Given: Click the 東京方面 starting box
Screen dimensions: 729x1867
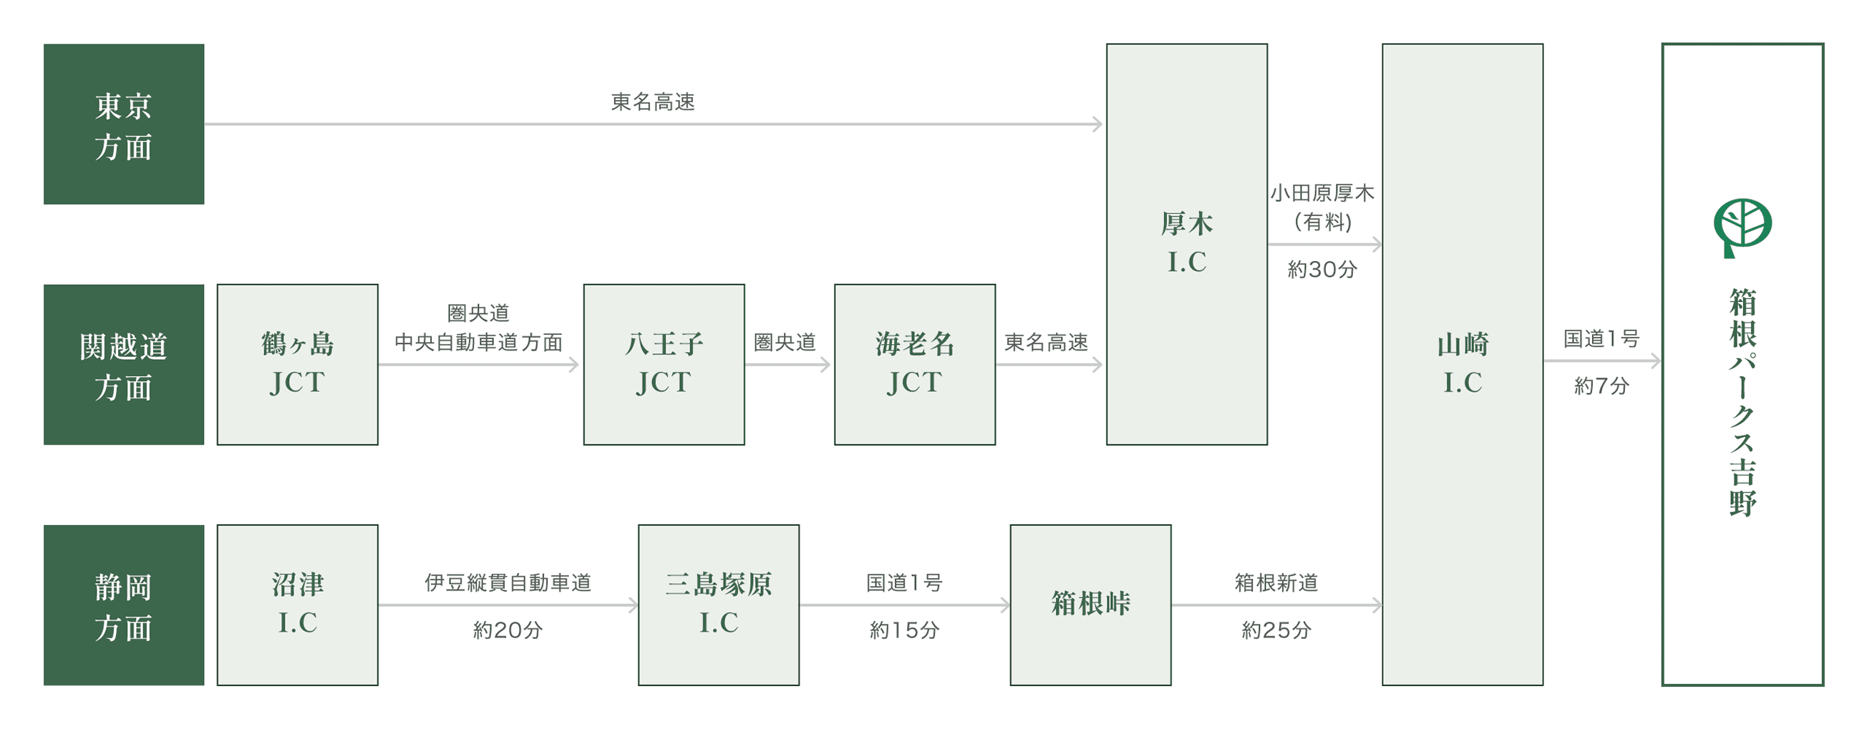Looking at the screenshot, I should [123, 124].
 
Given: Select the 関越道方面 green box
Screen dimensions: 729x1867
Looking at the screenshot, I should [123, 365].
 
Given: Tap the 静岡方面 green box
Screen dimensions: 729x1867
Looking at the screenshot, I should [123, 605].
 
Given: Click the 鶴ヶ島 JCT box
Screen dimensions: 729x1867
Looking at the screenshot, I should [297, 365].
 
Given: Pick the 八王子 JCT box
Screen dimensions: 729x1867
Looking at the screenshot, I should [664, 365].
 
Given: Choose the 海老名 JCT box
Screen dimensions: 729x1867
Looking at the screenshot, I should [915, 365].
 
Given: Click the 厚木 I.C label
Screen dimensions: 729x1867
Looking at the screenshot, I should [1186, 243].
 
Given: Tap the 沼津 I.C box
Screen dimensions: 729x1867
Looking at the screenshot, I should [297, 605].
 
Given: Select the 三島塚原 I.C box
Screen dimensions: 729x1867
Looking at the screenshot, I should [718, 605].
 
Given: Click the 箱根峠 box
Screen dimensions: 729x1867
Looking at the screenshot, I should [1090, 605].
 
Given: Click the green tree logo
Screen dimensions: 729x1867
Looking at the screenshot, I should [1742, 227].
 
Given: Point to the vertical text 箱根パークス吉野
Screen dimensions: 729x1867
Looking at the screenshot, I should [1742, 402].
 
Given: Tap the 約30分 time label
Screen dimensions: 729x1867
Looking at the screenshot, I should [1322, 270].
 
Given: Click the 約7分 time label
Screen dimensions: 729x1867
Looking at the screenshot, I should [1601, 386].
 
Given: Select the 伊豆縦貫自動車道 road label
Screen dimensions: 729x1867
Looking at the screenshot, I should [508, 582].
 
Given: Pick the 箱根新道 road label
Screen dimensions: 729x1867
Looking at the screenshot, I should [1276, 582].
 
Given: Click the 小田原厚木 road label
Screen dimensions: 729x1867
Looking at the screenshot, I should [1322, 193].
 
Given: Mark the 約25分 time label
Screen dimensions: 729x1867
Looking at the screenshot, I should [1276, 630].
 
